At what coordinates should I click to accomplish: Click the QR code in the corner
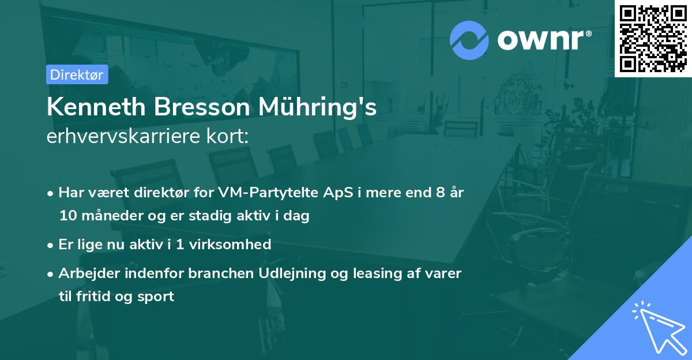click(x=653, y=38)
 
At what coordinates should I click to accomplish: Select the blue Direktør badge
click(x=77, y=74)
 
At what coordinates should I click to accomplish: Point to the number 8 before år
click(x=442, y=192)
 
